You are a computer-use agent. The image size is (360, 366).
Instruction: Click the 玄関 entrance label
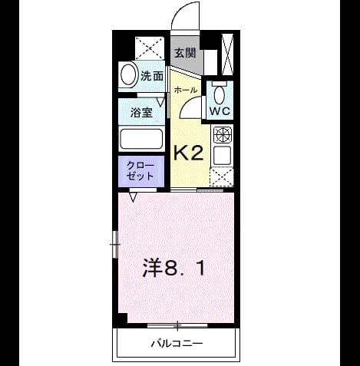185,53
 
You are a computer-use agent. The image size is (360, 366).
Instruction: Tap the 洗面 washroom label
152,76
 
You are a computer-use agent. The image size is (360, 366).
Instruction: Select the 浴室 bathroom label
141,112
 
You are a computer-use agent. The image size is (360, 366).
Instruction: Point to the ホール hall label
186,90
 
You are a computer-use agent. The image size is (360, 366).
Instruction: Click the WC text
220,111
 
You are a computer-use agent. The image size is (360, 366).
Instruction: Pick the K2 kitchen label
189,153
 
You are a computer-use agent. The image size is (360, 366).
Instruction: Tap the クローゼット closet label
140,170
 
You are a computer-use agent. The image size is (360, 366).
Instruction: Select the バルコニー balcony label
177,343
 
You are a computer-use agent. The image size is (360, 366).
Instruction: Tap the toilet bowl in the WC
220,95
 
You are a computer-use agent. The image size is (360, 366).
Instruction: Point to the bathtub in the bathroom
141,139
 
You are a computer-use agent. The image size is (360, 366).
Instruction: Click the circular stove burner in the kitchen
223,134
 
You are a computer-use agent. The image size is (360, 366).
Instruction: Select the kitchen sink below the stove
223,156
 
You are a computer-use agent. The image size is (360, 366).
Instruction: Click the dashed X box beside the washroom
150,48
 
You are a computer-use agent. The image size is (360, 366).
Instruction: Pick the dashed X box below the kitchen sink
222,177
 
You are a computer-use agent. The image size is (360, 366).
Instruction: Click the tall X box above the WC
227,54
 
